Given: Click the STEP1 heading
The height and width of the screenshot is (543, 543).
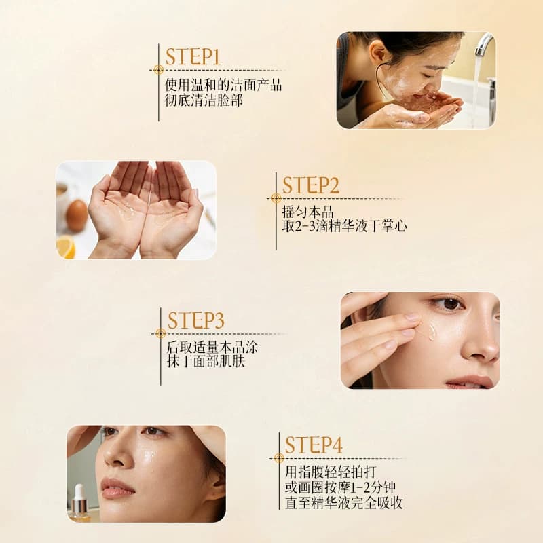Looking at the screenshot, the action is coord(193,57).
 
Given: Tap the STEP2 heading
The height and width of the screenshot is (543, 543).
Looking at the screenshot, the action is coord(311,185).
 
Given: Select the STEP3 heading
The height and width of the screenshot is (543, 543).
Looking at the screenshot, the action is coord(195,320).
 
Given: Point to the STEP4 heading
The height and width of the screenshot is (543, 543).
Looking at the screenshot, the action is coord(314,445).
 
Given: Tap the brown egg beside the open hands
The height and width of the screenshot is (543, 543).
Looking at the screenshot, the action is coord(77,215).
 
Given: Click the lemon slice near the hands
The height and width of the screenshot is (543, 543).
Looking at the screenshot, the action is coord(66,247).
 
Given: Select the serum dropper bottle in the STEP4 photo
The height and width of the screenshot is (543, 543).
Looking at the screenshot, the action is coord(79,503).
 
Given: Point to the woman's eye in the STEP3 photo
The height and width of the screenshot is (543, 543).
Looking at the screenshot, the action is coord(449,304).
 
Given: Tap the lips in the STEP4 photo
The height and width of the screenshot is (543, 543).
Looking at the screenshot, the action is coord(117,488).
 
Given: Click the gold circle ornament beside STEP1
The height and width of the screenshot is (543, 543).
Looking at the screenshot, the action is coord(158,70).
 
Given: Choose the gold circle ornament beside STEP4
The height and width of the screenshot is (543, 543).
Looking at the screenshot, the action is coord(279,458).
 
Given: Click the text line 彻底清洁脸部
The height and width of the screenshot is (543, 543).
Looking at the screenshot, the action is coord(204,100).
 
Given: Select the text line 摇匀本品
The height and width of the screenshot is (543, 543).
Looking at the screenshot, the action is coord(308,212).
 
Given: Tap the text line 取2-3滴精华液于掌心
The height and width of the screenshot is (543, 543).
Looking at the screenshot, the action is coord(345,226).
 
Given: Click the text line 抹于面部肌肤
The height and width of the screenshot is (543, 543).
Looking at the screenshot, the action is coord(206,361).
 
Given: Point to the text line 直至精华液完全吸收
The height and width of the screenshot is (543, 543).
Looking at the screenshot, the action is coord(344,503).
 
